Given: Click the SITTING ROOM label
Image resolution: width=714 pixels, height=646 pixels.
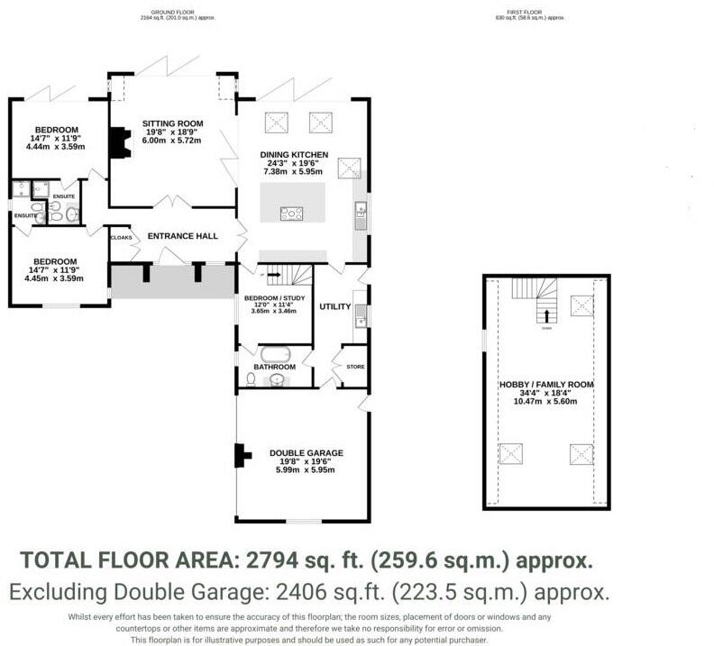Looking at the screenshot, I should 172,123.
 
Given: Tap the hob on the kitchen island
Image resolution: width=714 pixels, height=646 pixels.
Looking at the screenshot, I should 292,214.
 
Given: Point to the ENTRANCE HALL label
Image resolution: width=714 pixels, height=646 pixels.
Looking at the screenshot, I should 183,236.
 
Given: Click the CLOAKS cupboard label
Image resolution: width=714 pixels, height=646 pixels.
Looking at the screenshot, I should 121,238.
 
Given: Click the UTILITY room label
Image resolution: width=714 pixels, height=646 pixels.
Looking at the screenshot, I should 334,307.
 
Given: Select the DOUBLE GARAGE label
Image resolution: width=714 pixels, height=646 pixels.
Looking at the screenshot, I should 306,453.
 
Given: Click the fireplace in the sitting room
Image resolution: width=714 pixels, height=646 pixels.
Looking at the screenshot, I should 116,142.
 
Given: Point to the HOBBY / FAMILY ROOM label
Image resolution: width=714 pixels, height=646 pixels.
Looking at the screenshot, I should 547,385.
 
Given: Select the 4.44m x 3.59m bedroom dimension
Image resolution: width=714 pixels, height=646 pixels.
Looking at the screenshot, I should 50,146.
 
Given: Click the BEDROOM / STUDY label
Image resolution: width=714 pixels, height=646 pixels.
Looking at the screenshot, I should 271,296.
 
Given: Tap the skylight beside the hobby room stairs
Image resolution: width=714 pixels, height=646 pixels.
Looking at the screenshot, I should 581,305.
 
